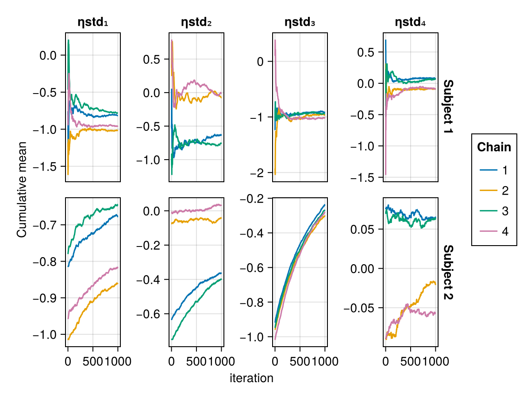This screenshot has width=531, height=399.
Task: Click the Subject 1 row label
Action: tap(448, 107)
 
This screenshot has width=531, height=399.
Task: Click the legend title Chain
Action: tap(494, 147)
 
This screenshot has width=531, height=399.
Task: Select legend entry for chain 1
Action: tap(494, 170)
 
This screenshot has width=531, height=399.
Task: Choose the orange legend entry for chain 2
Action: tap(494, 191)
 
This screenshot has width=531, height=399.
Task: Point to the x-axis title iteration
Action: tap(251, 379)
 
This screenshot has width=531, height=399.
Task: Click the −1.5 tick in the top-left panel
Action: tap(48, 167)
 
